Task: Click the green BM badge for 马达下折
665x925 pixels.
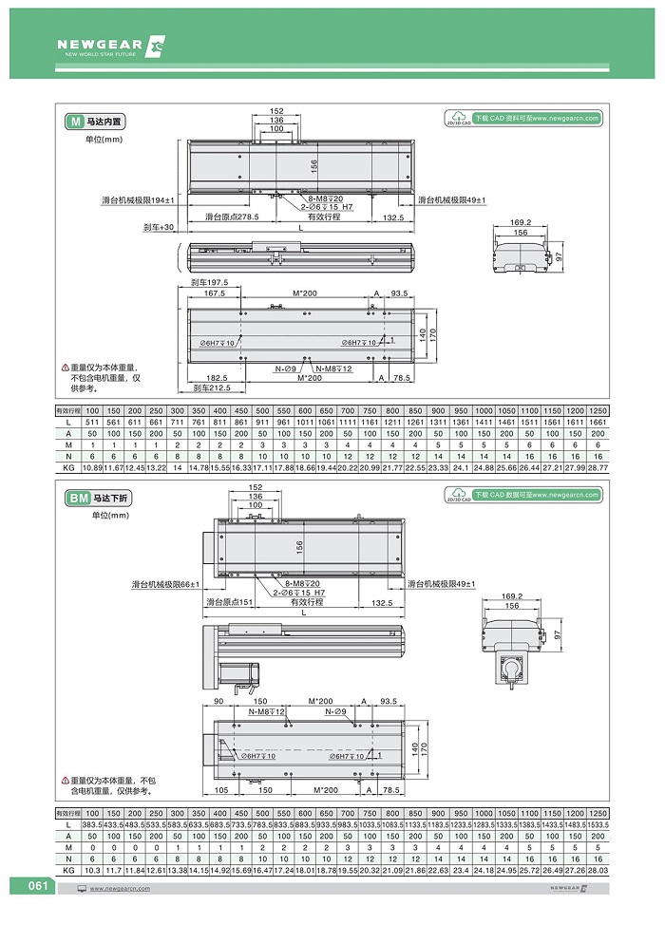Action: [x=76, y=497]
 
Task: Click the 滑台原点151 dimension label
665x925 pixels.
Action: [x=228, y=602]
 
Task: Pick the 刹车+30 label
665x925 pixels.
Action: [x=159, y=228]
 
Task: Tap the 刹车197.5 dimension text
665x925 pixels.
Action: [x=209, y=283]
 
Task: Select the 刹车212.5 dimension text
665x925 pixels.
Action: [x=212, y=388]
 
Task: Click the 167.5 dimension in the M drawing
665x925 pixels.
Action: [x=215, y=293]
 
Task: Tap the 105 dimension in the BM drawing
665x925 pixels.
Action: [x=220, y=788]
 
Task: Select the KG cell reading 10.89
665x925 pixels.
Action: [x=92, y=469]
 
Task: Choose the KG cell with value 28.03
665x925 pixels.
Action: [x=597, y=869]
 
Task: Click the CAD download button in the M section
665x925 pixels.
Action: [x=523, y=119]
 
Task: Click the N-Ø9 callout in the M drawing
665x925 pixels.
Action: [x=287, y=368]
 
